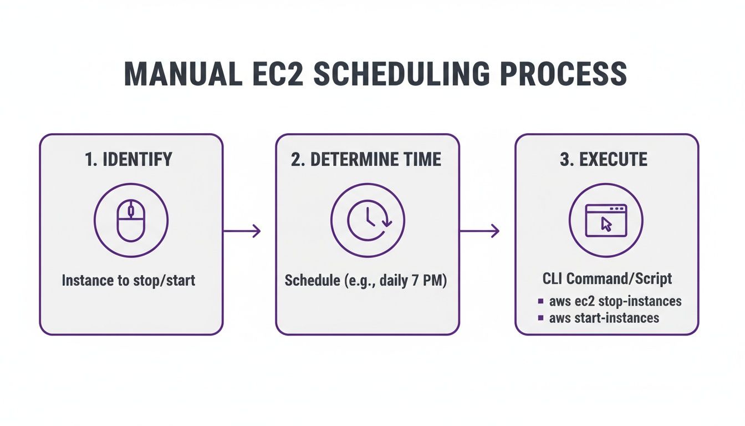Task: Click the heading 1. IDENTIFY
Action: coord(129,160)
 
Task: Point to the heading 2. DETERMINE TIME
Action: coord(366,160)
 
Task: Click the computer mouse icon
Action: coord(131,220)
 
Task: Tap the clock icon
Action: coord(368,220)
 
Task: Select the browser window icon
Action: coord(606,220)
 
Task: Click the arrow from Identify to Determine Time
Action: coord(242,231)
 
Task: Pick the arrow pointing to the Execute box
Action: coord(479,231)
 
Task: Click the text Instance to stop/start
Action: coord(129,280)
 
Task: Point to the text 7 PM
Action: coord(430,280)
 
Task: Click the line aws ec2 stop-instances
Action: coord(615,301)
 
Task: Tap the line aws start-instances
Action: coord(604,318)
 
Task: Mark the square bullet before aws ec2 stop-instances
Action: coord(540,302)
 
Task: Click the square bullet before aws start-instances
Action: coord(540,318)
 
